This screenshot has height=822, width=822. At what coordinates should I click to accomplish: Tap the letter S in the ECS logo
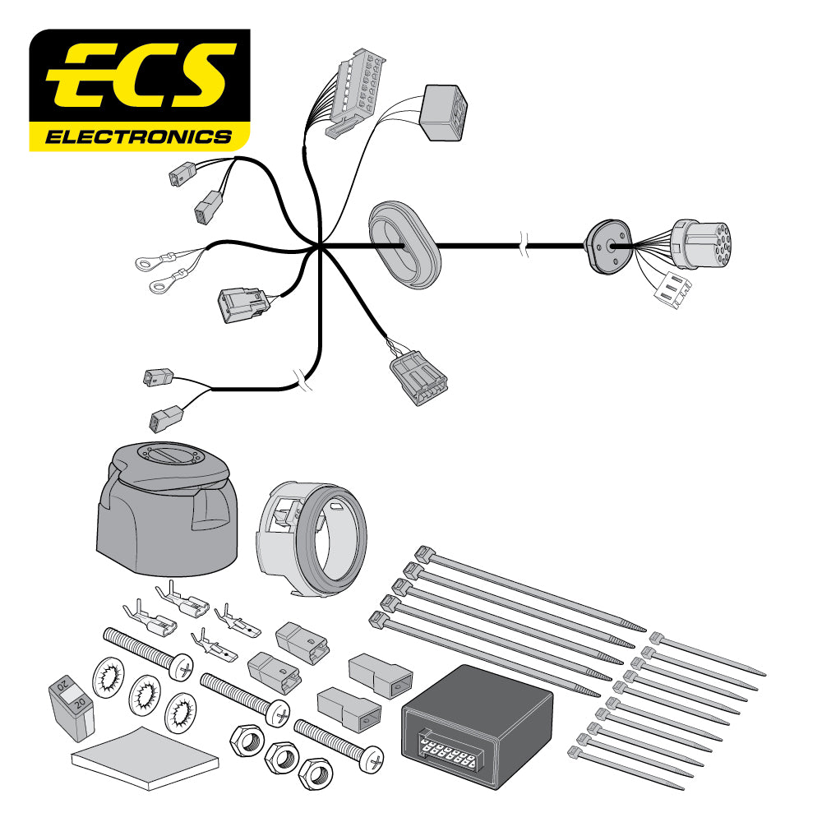click(x=198, y=78)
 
